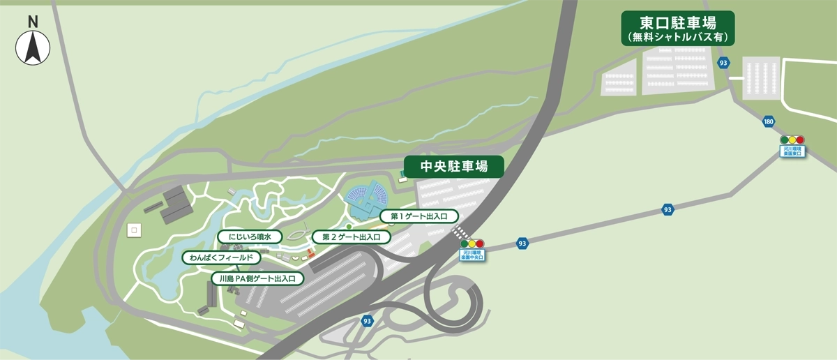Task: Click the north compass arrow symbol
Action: [x=33, y=48]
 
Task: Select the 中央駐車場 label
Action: [x=453, y=167]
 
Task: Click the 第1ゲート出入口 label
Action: [x=419, y=216]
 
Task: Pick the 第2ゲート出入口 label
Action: [x=351, y=237]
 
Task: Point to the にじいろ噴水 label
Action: [x=249, y=237]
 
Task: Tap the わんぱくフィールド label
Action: [x=222, y=257]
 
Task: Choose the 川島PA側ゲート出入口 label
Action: [x=257, y=278]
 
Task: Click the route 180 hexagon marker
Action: [x=768, y=121]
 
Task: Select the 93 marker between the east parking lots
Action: [x=723, y=63]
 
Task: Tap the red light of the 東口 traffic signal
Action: [x=800, y=140]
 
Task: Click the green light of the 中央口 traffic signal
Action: [x=463, y=243]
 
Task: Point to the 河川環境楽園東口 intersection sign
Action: [x=792, y=150]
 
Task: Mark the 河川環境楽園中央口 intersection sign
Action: [x=472, y=255]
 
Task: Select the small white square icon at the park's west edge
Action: [x=135, y=228]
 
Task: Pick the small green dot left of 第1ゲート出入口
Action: [x=349, y=226]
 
